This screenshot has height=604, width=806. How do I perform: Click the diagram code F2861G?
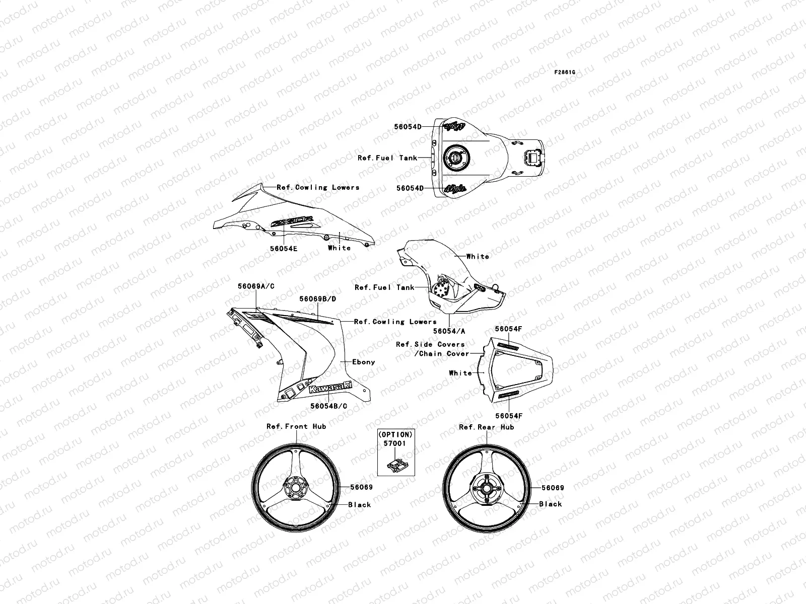point(565,72)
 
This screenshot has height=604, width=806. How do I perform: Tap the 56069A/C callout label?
point(256,286)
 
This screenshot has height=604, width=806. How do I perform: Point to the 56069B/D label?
point(317,298)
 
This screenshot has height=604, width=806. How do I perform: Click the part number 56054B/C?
point(328,405)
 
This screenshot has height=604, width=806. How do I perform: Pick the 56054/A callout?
point(449,331)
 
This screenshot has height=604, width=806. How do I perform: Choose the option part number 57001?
point(395,443)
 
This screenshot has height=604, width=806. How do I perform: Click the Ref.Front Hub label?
point(296,426)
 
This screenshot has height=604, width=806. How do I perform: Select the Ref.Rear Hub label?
point(486,427)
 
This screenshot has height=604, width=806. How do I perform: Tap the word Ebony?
point(363,362)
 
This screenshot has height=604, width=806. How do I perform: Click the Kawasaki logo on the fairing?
point(330,389)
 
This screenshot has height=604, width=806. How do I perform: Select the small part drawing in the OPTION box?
point(395,463)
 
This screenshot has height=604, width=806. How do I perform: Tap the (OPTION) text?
point(395,434)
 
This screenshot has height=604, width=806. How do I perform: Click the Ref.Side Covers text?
point(430,344)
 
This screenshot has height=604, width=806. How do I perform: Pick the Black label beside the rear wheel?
point(551,504)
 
